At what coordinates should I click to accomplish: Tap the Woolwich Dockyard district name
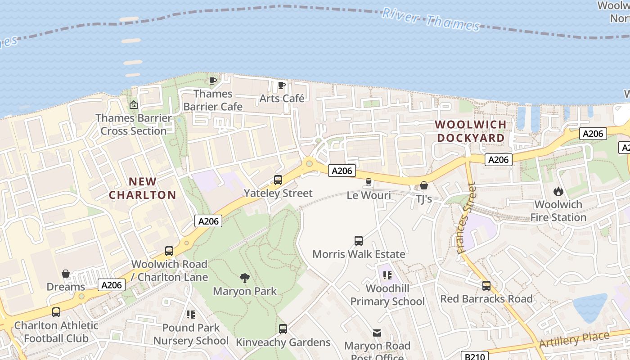point(470,131)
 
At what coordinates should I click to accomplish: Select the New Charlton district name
point(143,188)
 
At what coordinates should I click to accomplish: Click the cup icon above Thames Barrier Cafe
point(213,81)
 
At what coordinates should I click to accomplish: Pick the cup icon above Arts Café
point(282,85)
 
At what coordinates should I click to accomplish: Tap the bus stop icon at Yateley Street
point(278,180)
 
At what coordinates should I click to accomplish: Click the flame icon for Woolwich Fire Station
point(558,191)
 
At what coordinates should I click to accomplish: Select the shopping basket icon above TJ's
point(423,185)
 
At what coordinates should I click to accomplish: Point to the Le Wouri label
point(369,195)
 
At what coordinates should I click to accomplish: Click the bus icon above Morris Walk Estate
point(359,241)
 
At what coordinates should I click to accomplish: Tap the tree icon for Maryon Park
point(245,278)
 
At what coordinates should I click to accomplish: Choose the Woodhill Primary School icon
point(387,275)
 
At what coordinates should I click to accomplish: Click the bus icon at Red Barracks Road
point(486,286)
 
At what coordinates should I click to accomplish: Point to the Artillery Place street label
point(574,339)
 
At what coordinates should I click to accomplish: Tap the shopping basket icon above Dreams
point(66,274)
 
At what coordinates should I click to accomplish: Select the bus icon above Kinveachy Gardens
point(283,329)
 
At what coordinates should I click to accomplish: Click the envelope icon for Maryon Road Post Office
point(377,333)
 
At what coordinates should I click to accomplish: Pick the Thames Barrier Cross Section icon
point(134,105)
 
